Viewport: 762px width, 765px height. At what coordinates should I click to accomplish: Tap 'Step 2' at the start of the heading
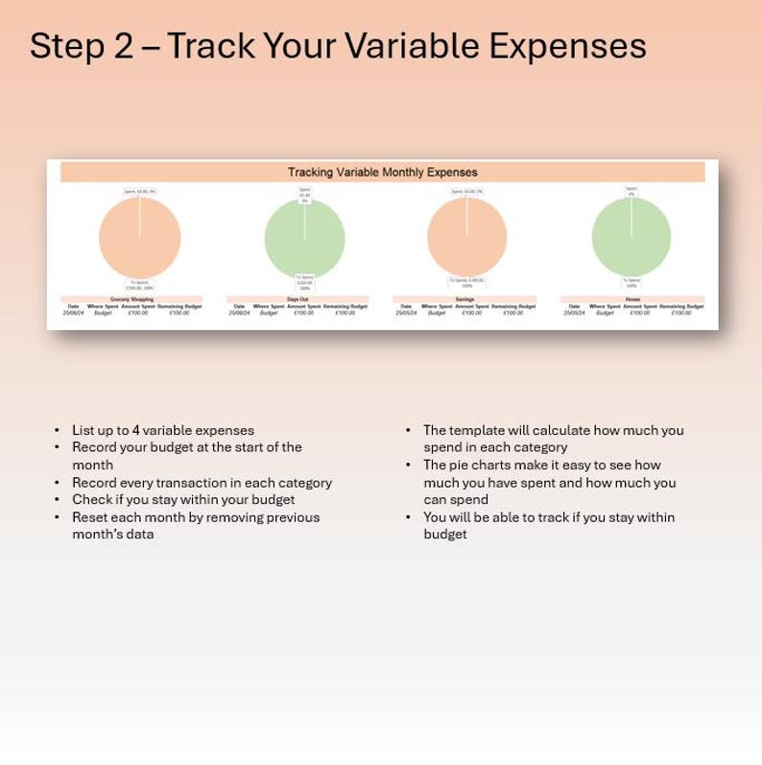pyautogui.click(x=82, y=46)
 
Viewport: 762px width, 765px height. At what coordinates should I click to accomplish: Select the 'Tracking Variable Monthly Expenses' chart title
pyautogui.click(x=382, y=173)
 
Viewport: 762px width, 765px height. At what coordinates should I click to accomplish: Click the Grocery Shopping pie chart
pyautogui.click(x=140, y=237)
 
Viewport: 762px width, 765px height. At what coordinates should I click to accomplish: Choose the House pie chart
pyautogui.click(x=631, y=237)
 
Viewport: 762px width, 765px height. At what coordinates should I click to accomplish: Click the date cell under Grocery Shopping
pyautogui.click(x=73, y=313)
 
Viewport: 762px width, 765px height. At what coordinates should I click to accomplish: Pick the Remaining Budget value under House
pyautogui.click(x=680, y=313)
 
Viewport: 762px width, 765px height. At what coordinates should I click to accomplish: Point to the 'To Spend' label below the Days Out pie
pyautogui.click(x=305, y=282)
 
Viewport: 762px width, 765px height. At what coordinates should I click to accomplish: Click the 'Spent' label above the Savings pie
pyautogui.click(x=466, y=192)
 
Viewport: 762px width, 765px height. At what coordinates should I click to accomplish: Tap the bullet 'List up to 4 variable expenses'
pyautogui.click(x=163, y=430)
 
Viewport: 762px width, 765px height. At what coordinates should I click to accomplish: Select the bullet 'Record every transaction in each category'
pyautogui.click(x=202, y=483)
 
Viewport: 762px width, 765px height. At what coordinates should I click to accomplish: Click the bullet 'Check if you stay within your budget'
pyautogui.click(x=183, y=500)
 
